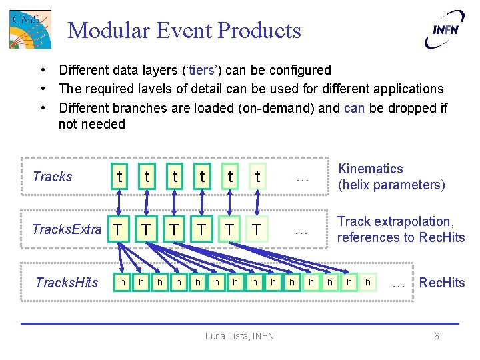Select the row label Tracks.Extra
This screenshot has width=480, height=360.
67,229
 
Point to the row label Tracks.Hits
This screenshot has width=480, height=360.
67,283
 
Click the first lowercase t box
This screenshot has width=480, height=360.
119,176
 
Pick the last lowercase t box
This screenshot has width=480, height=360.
257,176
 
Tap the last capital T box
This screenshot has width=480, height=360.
257,229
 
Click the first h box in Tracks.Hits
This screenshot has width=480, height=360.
123,283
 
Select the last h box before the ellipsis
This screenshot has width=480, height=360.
367,283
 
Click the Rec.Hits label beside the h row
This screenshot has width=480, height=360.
442,283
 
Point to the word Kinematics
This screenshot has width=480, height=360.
371,169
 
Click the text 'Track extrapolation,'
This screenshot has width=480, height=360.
395,222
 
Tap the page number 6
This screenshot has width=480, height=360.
437,336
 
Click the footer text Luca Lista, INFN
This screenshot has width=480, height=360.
239,336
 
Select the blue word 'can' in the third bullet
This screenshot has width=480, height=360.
354,107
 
